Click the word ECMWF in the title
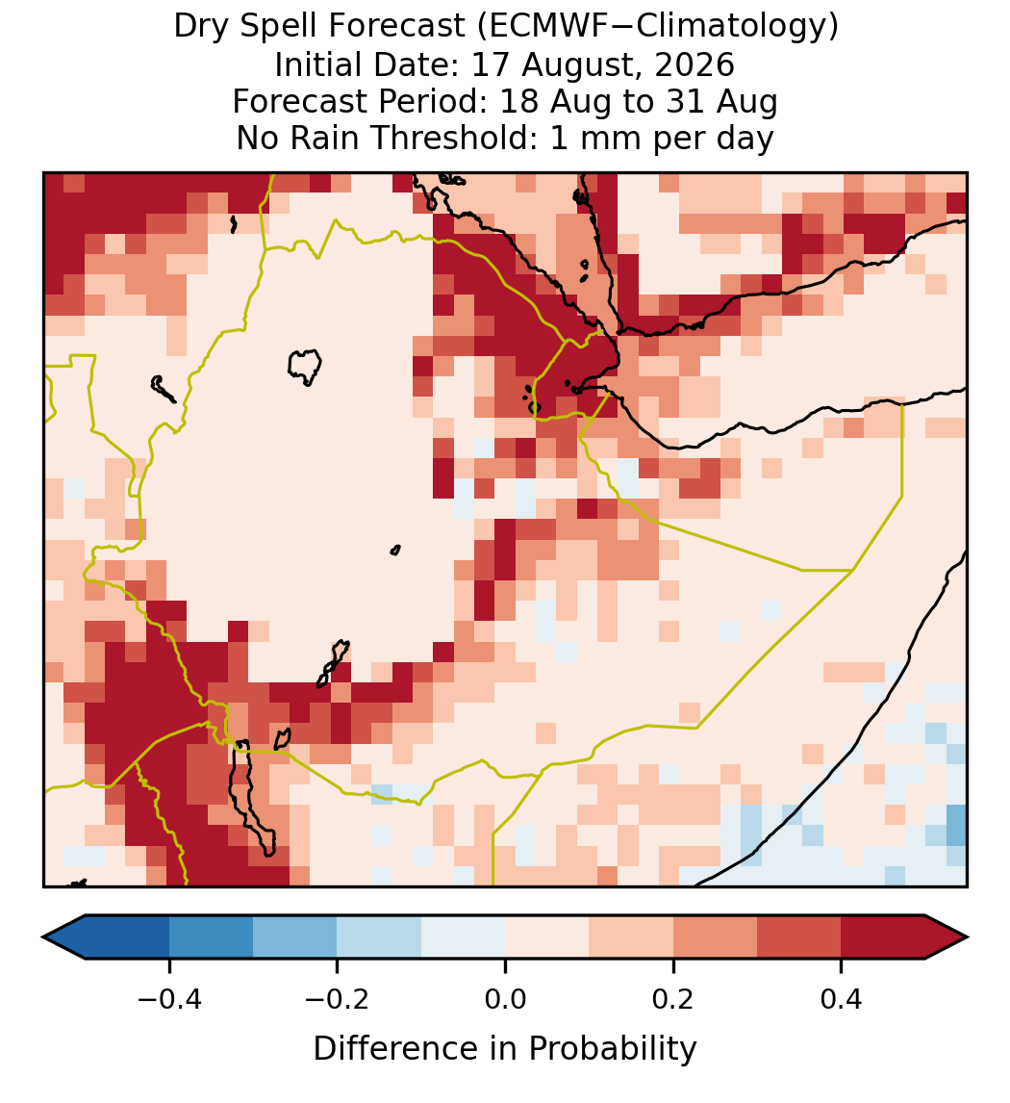(539, 27)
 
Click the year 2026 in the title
(694, 64)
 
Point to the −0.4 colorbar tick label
(169, 998)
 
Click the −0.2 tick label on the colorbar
(338, 998)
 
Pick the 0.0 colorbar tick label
(505, 998)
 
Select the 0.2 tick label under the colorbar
(673, 998)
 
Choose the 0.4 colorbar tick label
(842, 998)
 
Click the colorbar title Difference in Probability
(505, 1049)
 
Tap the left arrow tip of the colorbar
(43, 937)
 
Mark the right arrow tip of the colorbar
(968, 937)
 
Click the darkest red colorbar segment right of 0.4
(883, 937)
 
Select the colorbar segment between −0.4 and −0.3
(211, 937)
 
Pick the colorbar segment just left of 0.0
(464, 937)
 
